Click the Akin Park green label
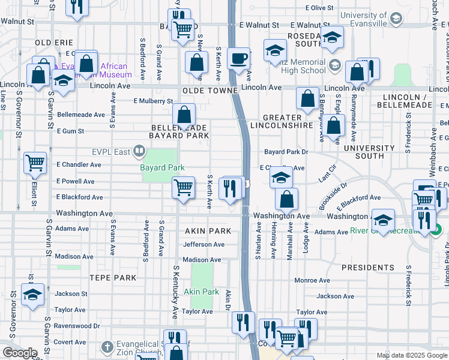(202, 292)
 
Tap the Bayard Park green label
(162, 167)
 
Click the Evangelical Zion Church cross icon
(107, 347)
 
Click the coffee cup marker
(239, 59)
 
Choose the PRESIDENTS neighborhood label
(367, 267)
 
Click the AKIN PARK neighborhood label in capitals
(208, 230)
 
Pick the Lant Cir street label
(325, 176)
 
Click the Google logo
(19, 353)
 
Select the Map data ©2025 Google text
(412, 355)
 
